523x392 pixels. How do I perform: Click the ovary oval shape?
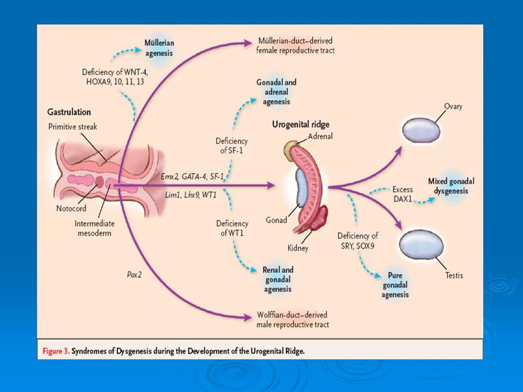tap(421, 130)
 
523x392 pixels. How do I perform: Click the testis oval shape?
tap(421, 246)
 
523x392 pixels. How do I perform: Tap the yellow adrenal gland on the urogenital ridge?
tap(291, 149)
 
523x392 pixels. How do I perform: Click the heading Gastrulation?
tap(69, 112)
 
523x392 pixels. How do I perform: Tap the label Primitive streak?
tap(72, 127)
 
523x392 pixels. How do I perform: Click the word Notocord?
tap(71, 209)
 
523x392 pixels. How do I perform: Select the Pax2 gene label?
tap(135, 274)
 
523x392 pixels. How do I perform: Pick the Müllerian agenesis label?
tap(159, 48)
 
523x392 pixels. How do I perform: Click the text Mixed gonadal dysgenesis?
tap(451, 186)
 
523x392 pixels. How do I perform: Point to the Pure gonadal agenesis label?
tap(396, 285)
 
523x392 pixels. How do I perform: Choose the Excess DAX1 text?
tap(403, 194)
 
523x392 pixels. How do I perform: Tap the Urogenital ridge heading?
tap(301, 125)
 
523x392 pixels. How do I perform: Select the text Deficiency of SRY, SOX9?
tap(357, 241)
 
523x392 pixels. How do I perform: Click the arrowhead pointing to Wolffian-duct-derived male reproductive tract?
tap(247, 317)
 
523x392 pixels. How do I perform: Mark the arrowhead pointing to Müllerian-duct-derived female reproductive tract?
tap(247, 42)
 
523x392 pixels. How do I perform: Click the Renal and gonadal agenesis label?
tap(278, 279)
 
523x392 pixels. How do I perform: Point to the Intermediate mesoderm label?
tap(94, 228)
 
